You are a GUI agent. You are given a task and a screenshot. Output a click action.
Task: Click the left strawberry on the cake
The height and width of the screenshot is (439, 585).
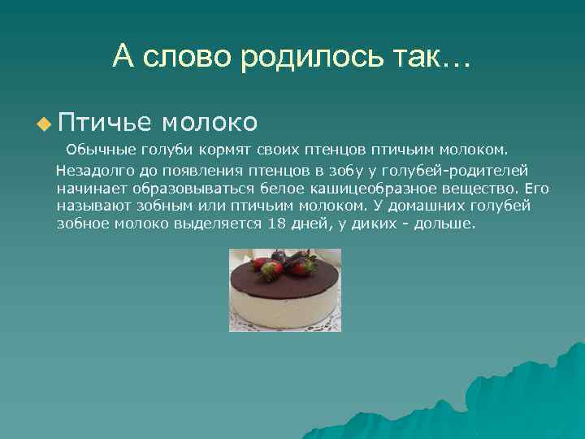point(260,265)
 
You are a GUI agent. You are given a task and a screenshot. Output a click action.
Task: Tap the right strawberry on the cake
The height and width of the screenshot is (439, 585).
point(309,266)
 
